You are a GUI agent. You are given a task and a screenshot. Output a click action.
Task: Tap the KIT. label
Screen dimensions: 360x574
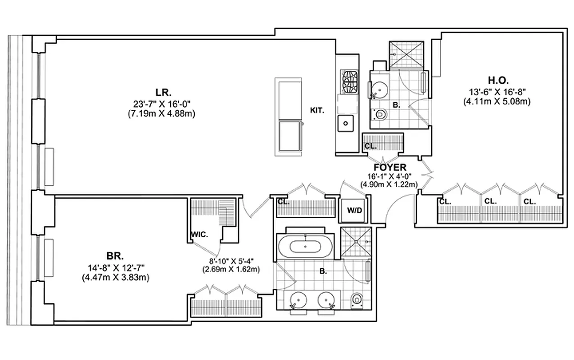pyautogui.click(x=318, y=109)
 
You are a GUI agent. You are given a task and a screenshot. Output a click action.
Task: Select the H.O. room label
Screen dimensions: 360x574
pyautogui.click(x=497, y=81)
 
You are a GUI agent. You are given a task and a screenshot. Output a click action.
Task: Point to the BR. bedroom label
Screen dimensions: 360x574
pyautogui.click(x=115, y=256)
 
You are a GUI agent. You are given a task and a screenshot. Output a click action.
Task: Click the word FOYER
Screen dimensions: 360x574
pyautogui.click(x=389, y=167)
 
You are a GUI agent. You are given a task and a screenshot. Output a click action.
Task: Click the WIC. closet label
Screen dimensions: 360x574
pyautogui.click(x=199, y=234)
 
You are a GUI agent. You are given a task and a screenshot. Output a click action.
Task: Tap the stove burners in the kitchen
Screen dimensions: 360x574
pyautogui.click(x=349, y=81)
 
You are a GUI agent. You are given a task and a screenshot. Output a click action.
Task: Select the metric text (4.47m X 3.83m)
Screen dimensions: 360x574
pyautogui.click(x=115, y=278)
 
